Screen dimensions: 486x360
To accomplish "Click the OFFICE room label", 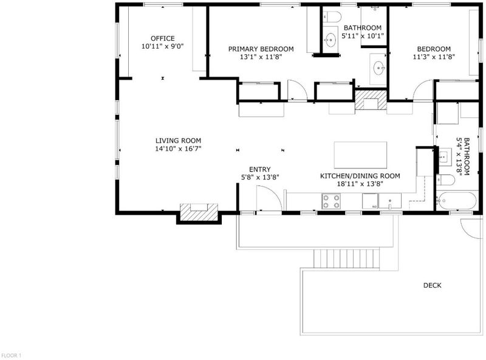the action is [x=163, y=38].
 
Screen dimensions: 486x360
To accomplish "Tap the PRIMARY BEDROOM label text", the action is [x=261, y=49].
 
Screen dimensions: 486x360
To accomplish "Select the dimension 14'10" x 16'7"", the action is [x=178, y=148].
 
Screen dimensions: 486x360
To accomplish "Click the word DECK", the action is [x=433, y=285].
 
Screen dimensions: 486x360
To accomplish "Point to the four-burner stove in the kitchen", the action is [x=331, y=201].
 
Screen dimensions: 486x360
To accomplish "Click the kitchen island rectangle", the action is [x=360, y=155].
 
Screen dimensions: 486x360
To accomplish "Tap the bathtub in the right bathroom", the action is [x=456, y=201].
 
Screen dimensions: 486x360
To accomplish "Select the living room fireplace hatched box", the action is [x=199, y=212].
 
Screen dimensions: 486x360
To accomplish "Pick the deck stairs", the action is [x=346, y=258].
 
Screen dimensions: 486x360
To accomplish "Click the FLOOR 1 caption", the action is [x=11, y=355].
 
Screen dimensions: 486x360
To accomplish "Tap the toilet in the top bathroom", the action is [x=332, y=16].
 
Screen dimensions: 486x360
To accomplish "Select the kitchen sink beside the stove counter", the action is [x=390, y=201].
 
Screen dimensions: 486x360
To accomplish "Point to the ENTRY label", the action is [x=260, y=170].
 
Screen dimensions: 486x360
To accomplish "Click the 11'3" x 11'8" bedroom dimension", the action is [x=434, y=57].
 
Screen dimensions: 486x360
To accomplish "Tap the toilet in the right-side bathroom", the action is [x=445, y=179].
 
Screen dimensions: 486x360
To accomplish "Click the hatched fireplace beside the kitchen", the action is [x=371, y=100].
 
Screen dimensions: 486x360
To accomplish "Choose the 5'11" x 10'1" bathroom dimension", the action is [x=363, y=36].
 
